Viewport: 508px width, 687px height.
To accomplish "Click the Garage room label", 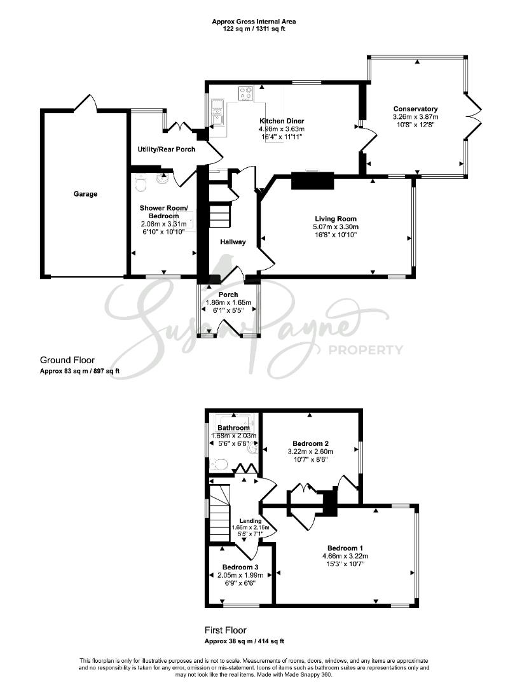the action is pos(85,193).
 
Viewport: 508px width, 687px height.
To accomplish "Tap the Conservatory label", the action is pos(416,109).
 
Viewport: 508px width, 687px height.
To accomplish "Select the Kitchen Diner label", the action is pos(282,121).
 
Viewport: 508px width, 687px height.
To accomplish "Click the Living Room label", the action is pos(336,219).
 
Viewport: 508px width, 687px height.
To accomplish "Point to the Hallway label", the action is pos(233,242).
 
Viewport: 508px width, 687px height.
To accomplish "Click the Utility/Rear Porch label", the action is pos(167,149).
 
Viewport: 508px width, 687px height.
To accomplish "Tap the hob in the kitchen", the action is pos(245,94).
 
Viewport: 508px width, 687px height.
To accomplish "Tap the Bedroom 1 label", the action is pos(345,548).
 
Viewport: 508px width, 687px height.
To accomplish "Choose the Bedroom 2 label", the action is pos(310,443).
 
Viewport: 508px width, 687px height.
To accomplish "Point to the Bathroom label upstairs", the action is pos(233,427).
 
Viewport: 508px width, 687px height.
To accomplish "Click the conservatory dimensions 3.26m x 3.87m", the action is pos(416,116).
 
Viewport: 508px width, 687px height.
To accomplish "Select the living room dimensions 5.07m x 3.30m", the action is pos(336,226).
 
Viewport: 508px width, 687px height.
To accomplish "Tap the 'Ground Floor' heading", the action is pos(67,360).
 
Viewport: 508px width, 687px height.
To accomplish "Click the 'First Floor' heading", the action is pos(226,630).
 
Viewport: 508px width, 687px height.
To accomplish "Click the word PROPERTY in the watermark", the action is pos(366,350).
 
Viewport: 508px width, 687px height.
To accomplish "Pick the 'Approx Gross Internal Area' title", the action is pos(254,21).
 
